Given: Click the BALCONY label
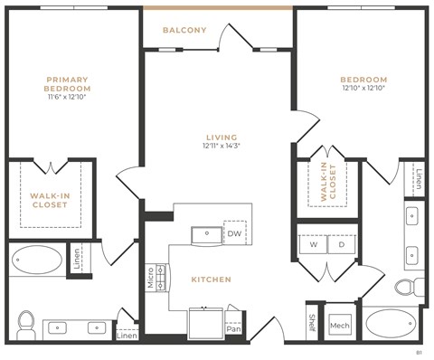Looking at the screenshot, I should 184,30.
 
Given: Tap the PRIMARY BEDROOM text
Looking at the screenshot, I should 69,84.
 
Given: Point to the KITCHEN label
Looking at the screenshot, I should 210,279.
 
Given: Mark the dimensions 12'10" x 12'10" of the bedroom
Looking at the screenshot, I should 364,89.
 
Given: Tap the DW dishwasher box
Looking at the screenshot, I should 235,233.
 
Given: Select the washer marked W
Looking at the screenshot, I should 313,244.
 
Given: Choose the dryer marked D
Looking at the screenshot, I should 341,244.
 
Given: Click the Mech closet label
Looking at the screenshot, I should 339,325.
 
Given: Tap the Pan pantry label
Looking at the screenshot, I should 233,328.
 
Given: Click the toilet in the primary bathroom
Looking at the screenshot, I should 27,320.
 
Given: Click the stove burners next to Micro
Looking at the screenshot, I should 163,277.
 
